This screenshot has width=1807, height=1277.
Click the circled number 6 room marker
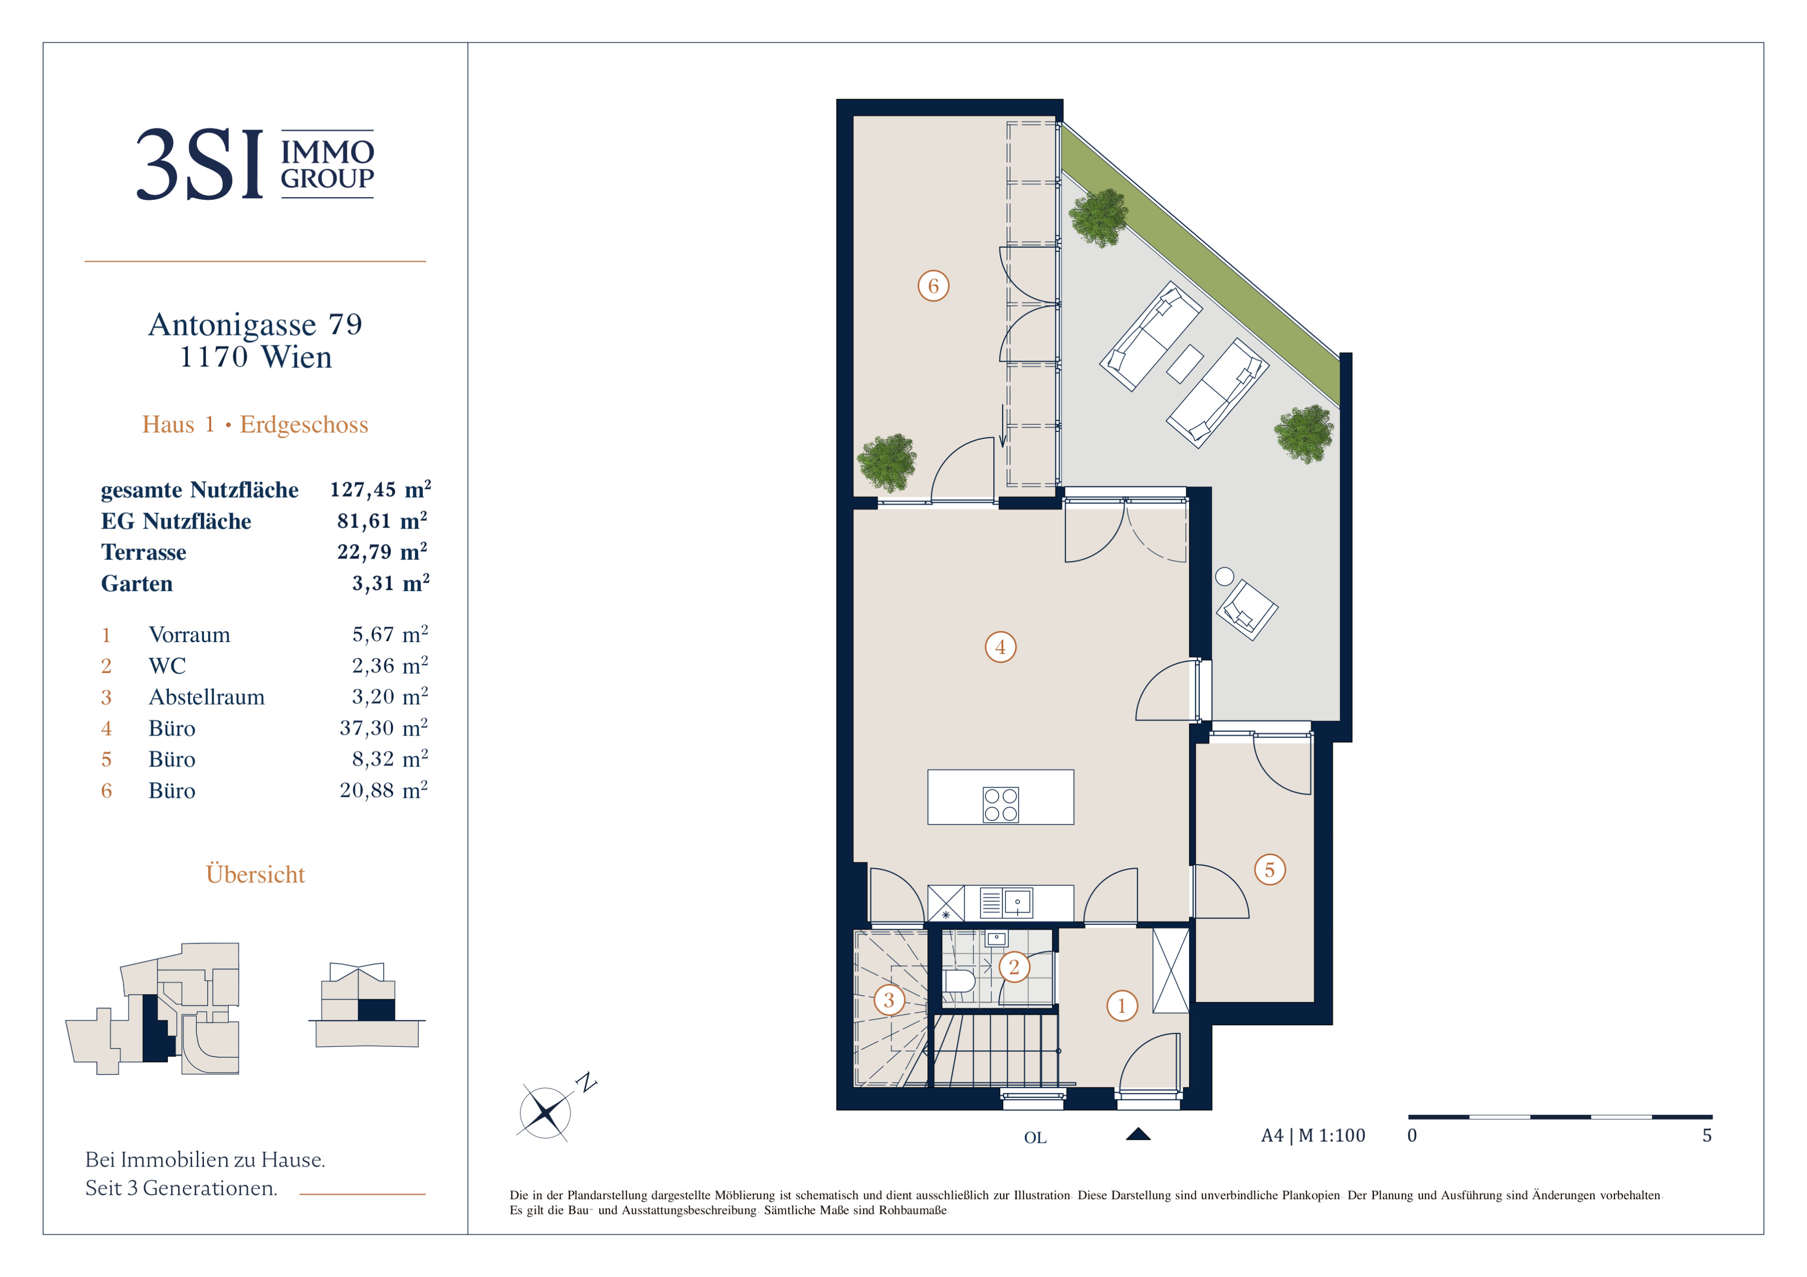coord(933,285)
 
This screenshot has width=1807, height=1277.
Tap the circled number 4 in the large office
coord(1001,647)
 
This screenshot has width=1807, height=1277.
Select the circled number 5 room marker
coord(1270,869)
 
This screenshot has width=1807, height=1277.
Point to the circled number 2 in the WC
coord(1013,967)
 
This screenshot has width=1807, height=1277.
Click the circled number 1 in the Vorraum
coord(1121,1005)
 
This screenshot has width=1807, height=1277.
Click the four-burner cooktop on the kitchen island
coord(1001,804)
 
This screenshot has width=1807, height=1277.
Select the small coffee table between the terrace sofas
coord(1184,364)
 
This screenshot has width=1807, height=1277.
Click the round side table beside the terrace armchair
coord(1225,577)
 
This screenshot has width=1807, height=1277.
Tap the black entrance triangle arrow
coord(1138,1134)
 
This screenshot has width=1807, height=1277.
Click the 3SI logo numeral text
coord(200,165)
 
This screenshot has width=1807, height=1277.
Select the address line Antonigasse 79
coord(255,324)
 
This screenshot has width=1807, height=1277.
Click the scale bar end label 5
coord(1707,1136)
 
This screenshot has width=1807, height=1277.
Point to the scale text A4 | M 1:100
coord(1313,1136)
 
